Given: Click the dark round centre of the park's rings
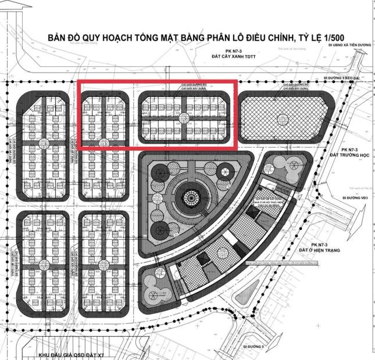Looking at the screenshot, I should pos(190,197).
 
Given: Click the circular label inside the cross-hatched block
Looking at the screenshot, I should pos(283,120).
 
